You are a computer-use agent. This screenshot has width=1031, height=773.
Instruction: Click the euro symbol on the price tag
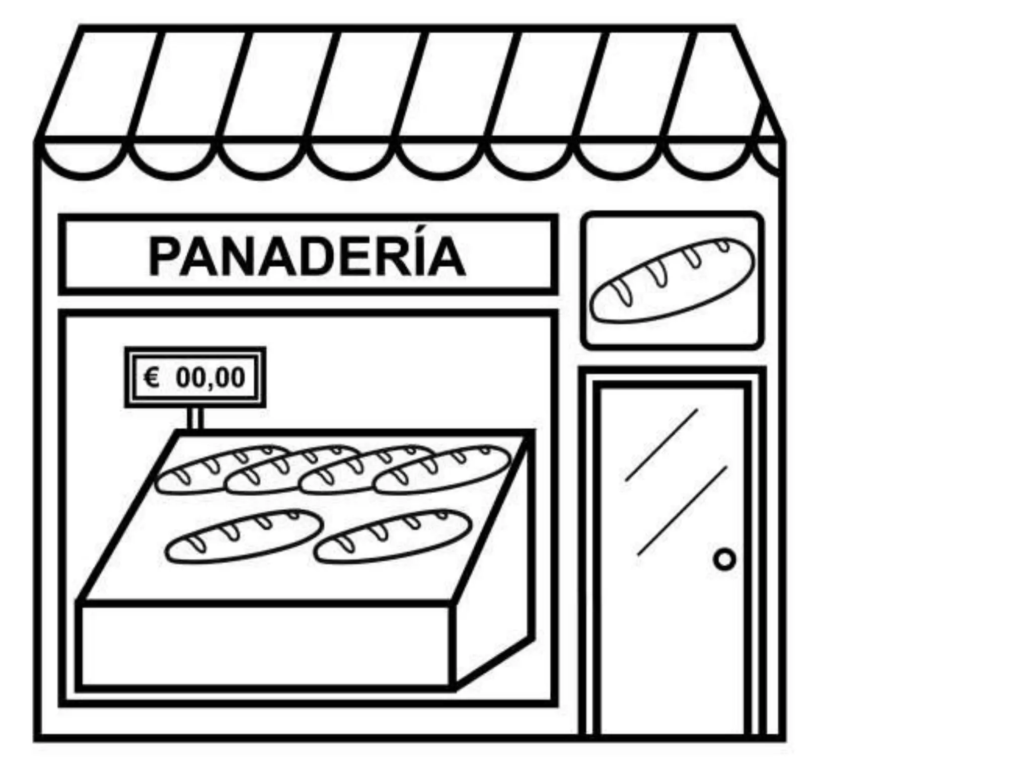click(x=152, y=377)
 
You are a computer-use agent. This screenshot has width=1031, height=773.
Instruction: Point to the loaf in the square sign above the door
click(x=672, y=280)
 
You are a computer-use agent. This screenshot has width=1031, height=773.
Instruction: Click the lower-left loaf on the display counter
click(x=243, y=536)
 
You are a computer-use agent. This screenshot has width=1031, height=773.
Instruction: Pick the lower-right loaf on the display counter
click(x=393, y=536)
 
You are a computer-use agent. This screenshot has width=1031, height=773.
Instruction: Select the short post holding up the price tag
click(x=195, y=418)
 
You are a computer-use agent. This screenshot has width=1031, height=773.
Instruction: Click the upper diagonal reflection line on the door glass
click(x=661, y=445)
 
